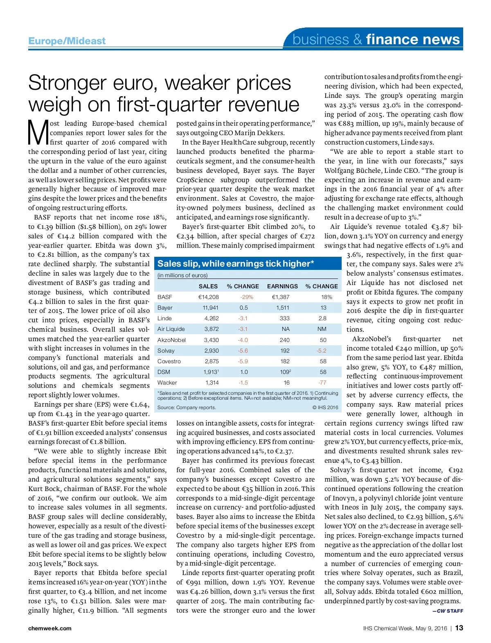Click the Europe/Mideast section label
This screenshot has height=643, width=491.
coord(67,41)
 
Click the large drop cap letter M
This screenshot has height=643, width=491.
coord(38,133)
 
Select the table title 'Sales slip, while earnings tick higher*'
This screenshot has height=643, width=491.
coord(236,264)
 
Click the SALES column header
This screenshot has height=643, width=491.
coord(208,286)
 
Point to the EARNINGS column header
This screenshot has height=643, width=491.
coord(282,286)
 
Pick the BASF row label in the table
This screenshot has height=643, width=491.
coord(165,297)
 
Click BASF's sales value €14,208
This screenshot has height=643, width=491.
coord(209,297)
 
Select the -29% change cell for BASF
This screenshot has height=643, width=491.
coord(247,297)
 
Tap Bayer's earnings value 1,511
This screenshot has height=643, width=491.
coord(282,308)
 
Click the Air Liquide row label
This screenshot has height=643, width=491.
coord(171,329)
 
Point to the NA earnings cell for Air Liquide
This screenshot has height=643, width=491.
coord(286,329)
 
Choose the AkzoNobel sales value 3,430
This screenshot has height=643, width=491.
coord(212,340)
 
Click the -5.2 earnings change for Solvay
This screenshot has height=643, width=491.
coord(321,351)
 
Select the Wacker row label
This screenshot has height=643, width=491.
coord(167,383)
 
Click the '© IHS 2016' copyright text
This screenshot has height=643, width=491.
coord(325,408)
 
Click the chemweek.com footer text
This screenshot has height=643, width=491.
coord(50,628)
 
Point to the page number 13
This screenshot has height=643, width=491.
coord(459,628)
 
